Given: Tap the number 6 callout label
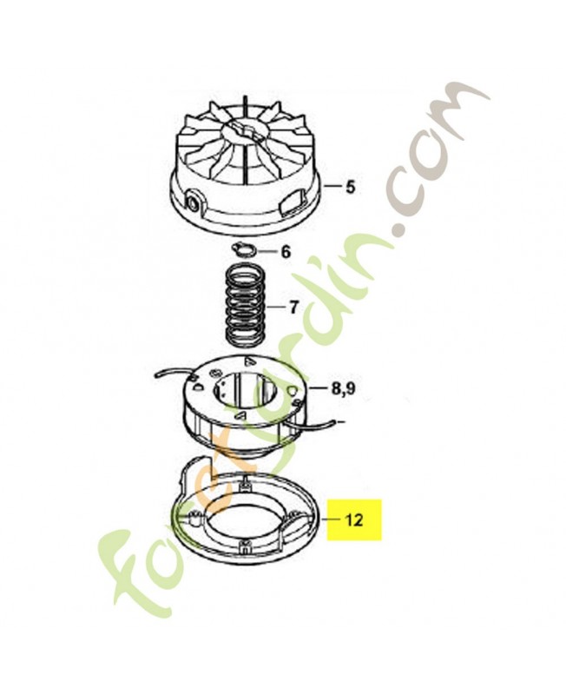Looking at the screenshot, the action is pos(286,252).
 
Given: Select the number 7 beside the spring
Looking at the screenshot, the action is pos(294,308).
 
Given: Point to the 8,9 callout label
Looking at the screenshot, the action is pos(343,389).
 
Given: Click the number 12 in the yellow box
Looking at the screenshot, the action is pos(353,520).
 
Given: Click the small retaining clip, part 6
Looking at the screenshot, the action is pos(243,249).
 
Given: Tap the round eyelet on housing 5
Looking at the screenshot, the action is pos(194,203).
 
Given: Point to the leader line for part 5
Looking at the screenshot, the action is pos(333,187).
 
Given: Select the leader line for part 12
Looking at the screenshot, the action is pos(329,519).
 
